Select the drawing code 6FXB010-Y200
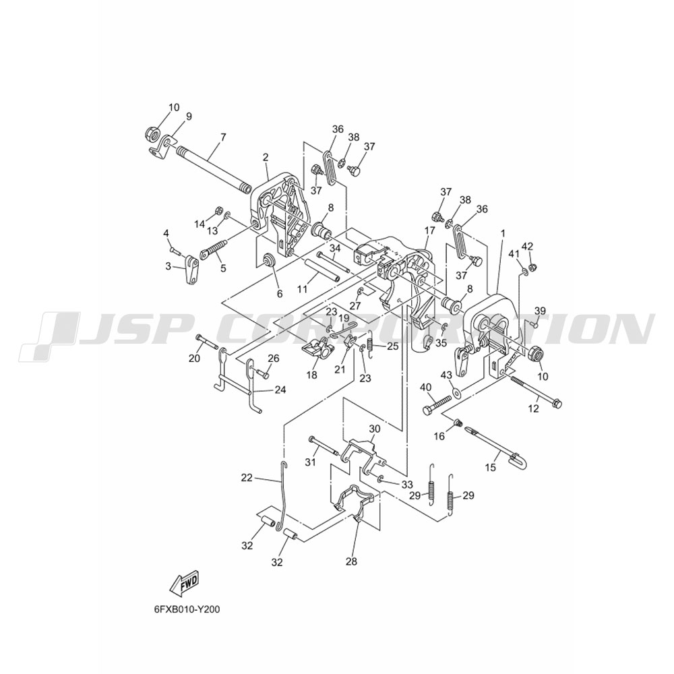(187, 609)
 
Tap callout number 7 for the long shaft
(222, 137)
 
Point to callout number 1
(503, 233)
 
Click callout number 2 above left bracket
(266, 157)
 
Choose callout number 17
(429, 231)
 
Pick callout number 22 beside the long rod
(247, 478)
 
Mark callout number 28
(351, 561)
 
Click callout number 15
(490, 467)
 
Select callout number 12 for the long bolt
(533, 409)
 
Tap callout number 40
(425, 388)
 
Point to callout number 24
(280, 390)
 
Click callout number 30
(375, 429)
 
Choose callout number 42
(528, 246)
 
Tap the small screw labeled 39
(536, 325)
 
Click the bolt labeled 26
(262, 374)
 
